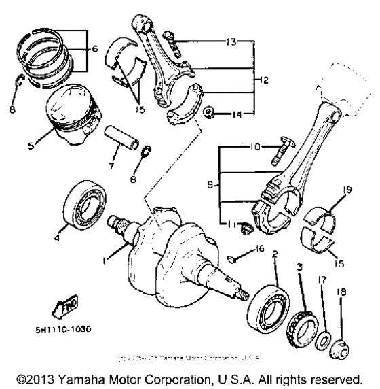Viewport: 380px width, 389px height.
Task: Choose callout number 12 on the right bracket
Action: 264,79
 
